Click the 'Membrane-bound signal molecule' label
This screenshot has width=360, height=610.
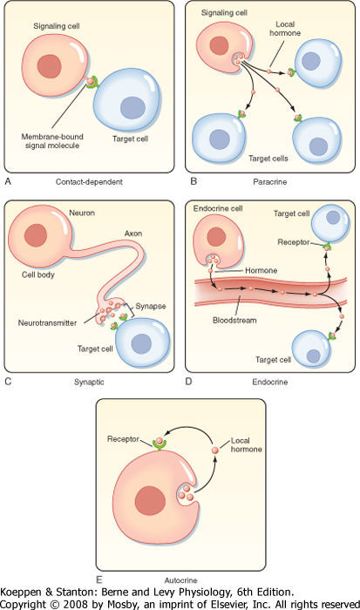pos(52,141)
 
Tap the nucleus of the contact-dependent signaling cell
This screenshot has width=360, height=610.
pos(50,66)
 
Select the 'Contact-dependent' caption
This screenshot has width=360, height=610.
pos(89,181)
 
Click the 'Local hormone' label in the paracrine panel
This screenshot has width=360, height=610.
pos(285,29)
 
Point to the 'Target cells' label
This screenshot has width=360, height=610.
pos(268,159)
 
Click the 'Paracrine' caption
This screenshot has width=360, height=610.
pos(270,181)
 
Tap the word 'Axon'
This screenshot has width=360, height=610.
pos(133,234)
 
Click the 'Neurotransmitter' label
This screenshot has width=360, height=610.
pos(47,323)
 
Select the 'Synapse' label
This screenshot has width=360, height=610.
pos(151,306)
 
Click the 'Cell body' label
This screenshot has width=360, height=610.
pos(38,274)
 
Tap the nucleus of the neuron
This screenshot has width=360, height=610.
pos(36,235)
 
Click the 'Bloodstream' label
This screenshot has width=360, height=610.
pos(234,321)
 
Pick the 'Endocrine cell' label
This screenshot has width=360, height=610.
pos(218,208)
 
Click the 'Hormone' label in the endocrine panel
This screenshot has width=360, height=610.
pos(262,270)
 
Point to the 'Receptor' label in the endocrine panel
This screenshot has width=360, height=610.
pos(294,242)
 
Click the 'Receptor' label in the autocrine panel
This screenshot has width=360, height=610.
pos(124,439)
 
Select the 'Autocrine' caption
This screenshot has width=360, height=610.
pos(180,580)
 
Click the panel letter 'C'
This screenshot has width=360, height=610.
pos(8,382)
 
